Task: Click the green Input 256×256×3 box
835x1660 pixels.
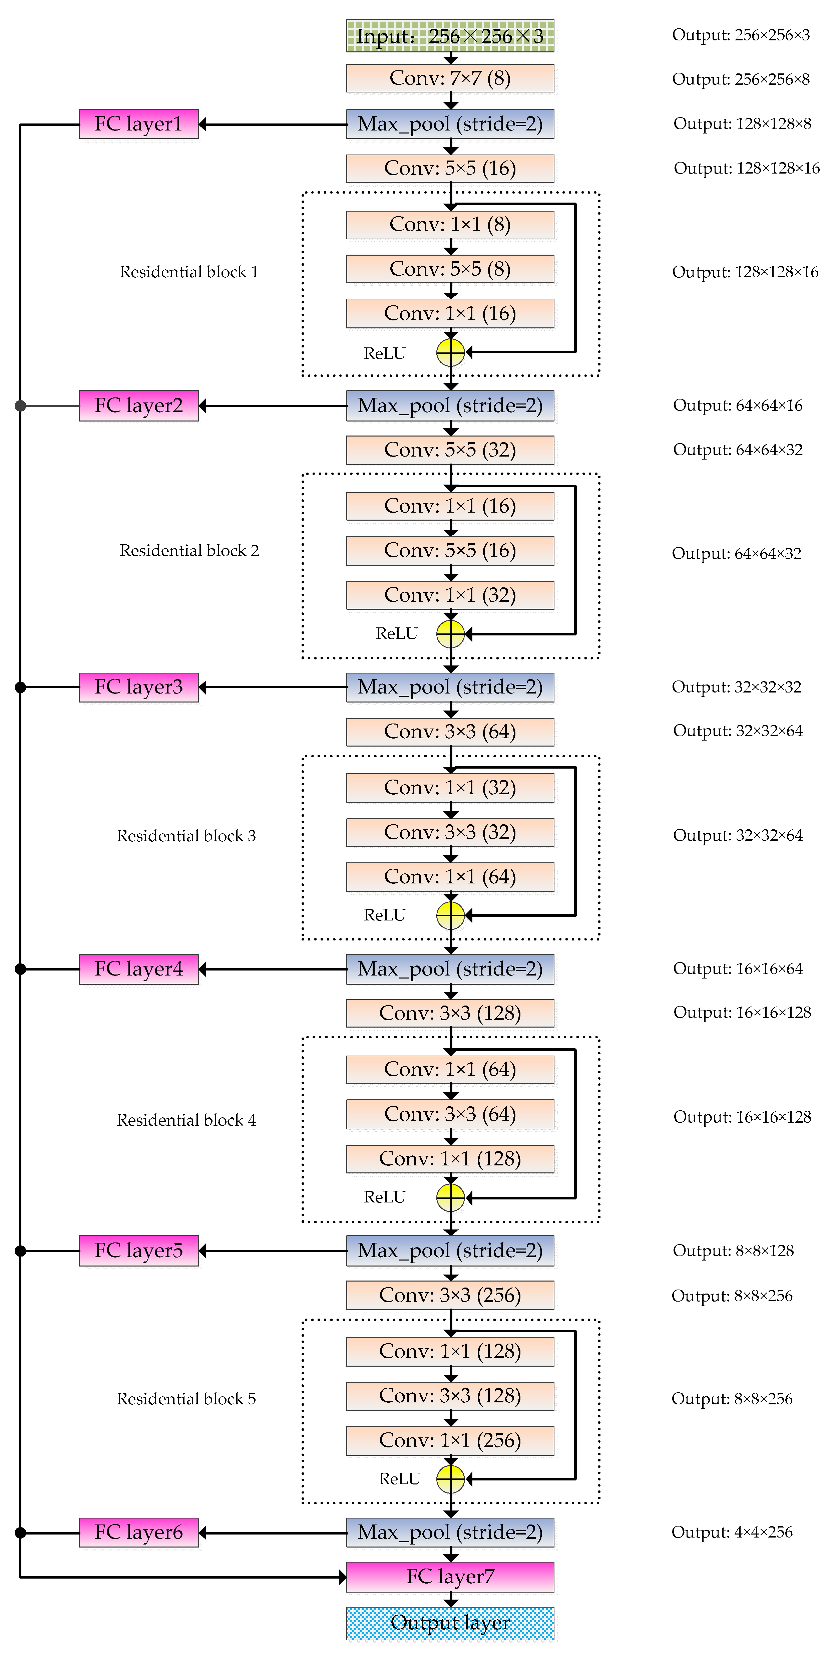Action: click(x=450, y=36)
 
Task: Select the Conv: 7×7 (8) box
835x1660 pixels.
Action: click(x=450, y=78)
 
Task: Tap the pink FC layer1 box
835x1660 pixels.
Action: click(x=138, y=124)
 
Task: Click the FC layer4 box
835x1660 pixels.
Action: click(x=138, y=969)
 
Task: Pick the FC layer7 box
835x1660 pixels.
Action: click(x=450, y=1576)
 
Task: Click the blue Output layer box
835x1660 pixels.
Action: click(x=450, y=1623)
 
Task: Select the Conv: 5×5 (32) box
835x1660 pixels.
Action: click(x=450, y=450)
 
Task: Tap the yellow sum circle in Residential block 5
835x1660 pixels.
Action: click(x=450, y=1479)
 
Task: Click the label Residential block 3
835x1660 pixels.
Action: click(x=186, y=836)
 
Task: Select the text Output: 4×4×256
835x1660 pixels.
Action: click(x=732, y=1532)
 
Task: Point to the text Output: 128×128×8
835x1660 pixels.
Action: click(x=742, y=124)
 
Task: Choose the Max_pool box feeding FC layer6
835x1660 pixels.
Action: click(x=450, y=1532)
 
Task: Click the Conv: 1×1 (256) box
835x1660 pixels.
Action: click(x=450, y=1440)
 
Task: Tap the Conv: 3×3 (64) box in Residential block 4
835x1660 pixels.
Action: click(x=450, y=1114)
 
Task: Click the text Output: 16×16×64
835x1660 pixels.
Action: click(x=738, y=969)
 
